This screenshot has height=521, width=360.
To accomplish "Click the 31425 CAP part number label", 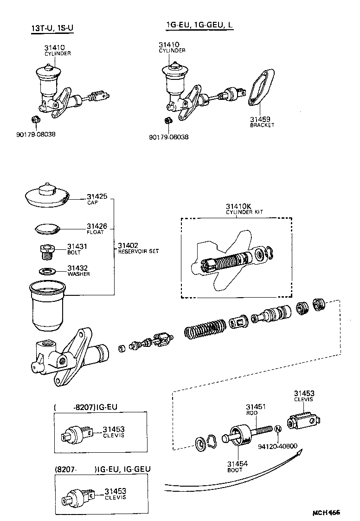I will (x=96, y=199).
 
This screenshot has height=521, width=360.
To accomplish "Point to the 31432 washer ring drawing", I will (x=46, y=271).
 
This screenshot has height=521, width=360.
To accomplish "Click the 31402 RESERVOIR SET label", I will (x=138, y=248).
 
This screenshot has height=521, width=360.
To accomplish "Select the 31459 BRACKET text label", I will (x=262, y=122).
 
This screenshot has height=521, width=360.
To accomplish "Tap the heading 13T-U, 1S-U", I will (x=51, y=29).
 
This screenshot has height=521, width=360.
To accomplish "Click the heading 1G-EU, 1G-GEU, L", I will (x=200, y=26).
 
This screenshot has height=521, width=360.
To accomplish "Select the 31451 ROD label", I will (x=256, y=409).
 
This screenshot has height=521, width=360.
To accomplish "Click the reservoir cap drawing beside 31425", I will (x=46, y=195).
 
